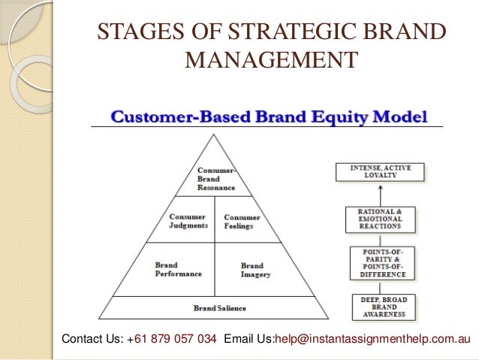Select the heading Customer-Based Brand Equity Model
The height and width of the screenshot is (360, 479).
coord(270,116)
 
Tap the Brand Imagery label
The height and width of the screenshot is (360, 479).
coord(252,269)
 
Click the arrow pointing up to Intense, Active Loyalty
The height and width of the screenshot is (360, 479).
coord(379,194)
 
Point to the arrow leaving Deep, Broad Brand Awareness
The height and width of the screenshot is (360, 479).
coord(379,285)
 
